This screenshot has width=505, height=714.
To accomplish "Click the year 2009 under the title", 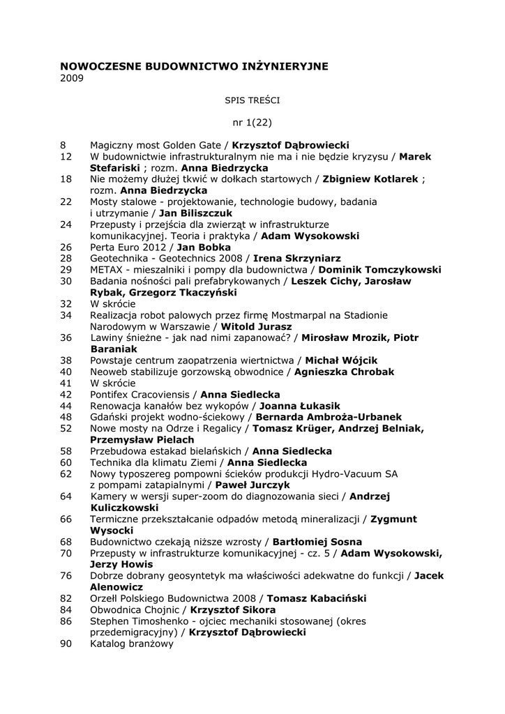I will (72, 78).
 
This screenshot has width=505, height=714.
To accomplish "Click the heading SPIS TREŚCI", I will (252, 100).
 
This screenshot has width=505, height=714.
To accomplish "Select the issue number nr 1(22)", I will (252, 123).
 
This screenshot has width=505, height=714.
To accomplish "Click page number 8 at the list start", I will (63, 146).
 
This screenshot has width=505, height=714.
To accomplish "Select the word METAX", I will (106, 269).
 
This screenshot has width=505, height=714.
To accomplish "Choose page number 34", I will (66, 314).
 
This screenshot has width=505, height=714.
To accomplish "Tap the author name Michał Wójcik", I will (342, 360).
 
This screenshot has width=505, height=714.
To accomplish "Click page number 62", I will (66, 473).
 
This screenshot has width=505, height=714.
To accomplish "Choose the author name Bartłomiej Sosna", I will (317, 541).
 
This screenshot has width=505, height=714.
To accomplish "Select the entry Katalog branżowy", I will (132, 644).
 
